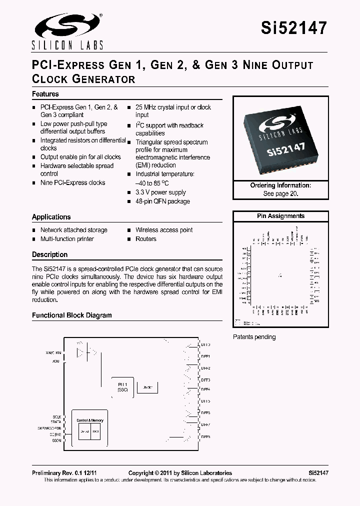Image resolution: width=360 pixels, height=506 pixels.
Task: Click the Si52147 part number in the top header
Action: coord(294,28)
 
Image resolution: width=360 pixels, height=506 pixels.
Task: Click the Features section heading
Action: coord(45,94)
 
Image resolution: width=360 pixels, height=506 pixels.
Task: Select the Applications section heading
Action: coord(51,217)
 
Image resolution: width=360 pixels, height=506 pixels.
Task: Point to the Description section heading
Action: coord(49,254)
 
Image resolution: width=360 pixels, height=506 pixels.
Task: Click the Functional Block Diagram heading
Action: coord(71,315)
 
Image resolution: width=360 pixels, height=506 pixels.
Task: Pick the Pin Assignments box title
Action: coord(280,216)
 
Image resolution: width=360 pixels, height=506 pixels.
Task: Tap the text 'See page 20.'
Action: coord(280,193)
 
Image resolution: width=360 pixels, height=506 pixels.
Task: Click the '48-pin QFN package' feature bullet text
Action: coord(162,201)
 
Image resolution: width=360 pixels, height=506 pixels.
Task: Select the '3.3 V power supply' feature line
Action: coord(160,192)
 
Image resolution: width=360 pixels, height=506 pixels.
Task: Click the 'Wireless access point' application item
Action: coord(164,230)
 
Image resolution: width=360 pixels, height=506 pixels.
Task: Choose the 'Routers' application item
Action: coord(146,239)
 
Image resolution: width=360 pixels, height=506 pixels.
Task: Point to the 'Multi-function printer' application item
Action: coord(67,239)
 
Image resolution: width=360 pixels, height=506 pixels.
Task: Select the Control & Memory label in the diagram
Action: coord(90,420)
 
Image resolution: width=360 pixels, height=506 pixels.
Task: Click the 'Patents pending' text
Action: coord(254,337)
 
